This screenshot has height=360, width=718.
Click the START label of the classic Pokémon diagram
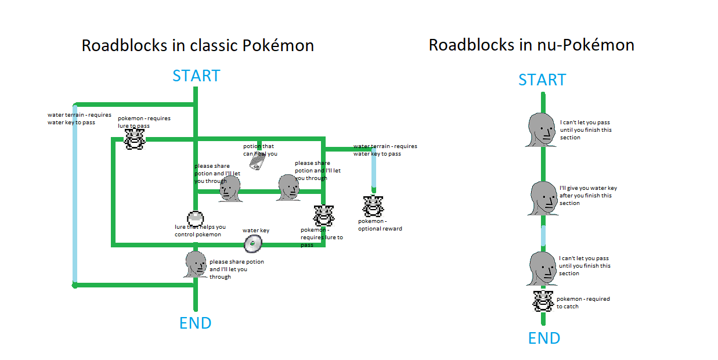(196, 76)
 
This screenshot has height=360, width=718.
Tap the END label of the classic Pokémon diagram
(196, 323)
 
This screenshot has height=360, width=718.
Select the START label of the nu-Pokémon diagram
(542, 80)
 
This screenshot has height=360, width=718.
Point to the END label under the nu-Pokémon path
(544, 338)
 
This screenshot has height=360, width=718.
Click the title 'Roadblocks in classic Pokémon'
(197, 45)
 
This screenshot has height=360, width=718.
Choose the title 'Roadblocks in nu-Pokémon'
(531, 45)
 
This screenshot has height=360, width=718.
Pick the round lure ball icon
(195, 218)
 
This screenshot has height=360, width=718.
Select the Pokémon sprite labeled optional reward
(373, 206)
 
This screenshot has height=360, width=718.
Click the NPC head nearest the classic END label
(196, 265)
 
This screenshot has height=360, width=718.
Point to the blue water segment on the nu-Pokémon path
(544, 236)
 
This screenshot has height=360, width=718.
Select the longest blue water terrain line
(75, 195)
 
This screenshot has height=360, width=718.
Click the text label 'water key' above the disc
(256, 231)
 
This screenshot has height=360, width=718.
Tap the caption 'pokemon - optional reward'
(380, 225)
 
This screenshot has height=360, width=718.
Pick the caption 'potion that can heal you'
(259, 150)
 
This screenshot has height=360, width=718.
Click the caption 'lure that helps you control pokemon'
(200, 231)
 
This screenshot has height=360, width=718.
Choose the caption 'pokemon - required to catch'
(583, 303)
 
